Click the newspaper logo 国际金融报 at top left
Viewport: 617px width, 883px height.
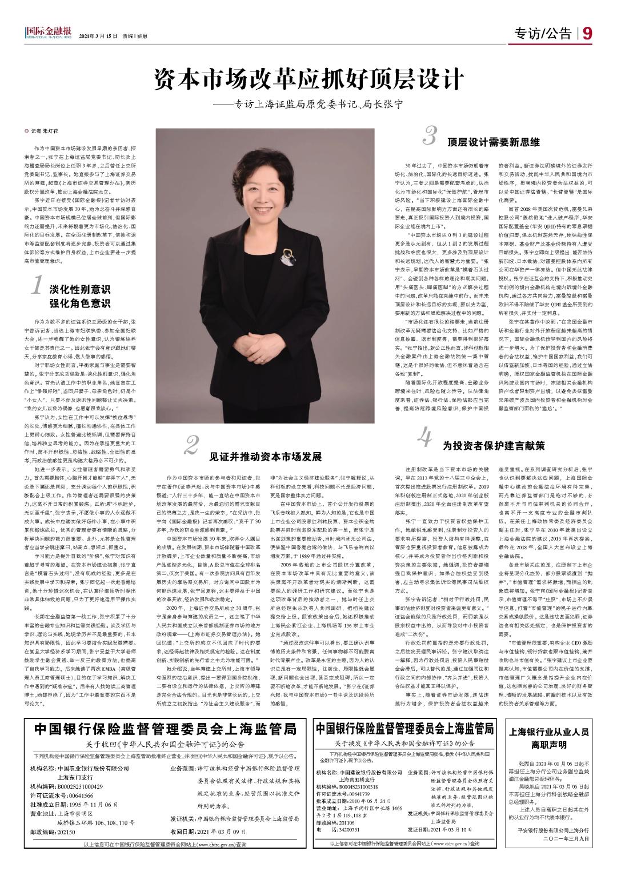(48, 34)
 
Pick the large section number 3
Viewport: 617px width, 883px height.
(430, 135)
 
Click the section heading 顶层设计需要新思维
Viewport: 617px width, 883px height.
(494, 141)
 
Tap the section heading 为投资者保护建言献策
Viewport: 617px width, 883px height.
(494, 429)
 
